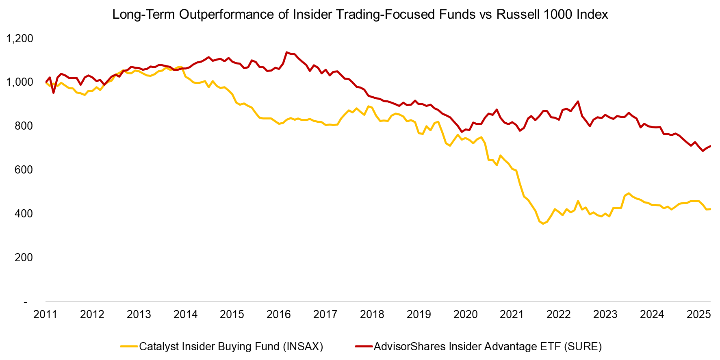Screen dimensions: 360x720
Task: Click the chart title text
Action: coord(360,15)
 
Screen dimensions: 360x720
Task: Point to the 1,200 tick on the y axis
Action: coord(20,39)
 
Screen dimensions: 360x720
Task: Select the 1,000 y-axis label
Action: coord(20,82)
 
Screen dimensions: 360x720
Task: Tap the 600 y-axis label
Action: coord(24,170)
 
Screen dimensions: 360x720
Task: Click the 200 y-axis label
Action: coord(24,258)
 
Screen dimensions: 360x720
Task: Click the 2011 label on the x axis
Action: coord(46,314)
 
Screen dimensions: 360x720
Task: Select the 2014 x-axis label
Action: coord(185,314)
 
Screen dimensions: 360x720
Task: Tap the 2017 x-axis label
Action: coord(325,314)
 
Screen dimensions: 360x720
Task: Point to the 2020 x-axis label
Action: coord(465,314)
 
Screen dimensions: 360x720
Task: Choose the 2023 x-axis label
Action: coord(605,314)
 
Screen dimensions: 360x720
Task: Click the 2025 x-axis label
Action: coord(698,314)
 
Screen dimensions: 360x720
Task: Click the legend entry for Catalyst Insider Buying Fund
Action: coord(231,347)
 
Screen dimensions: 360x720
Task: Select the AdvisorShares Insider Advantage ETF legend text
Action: coord(488,347)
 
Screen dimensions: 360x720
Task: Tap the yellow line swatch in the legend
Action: coord(129,347)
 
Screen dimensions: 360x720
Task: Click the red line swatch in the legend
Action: coord(364,347)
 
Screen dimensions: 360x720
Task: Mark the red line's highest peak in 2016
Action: coord(287,52)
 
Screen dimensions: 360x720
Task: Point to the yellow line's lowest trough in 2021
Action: coord(543,223)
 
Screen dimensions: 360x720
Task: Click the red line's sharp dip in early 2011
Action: coord(53,93)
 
